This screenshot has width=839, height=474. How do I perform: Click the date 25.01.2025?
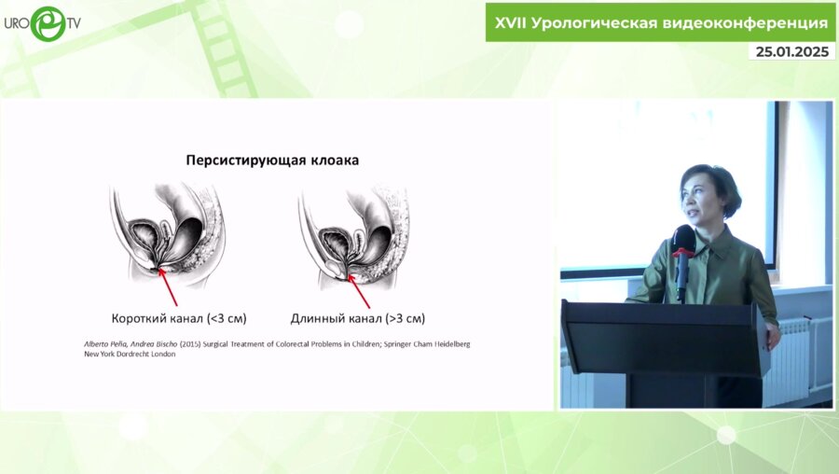[791, 51]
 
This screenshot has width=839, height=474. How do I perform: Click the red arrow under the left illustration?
[172, 286]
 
